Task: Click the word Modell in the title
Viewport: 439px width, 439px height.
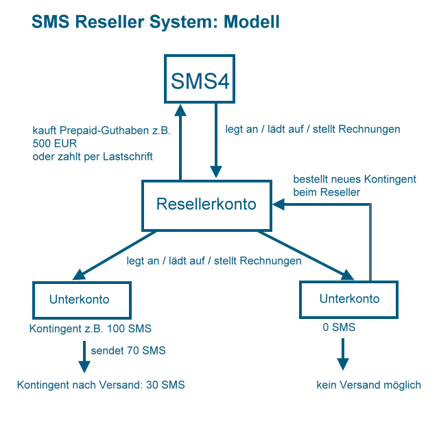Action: (252, 22)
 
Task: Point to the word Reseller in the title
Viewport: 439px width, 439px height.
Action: (110, 22)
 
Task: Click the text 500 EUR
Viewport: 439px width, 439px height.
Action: (55, 143)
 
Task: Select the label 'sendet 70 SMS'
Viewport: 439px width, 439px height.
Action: (128, 351)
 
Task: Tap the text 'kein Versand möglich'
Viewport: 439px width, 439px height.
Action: (369, 385)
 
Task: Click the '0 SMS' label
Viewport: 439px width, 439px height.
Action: (339, 327)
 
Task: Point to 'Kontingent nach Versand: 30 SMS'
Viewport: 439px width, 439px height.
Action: (101, 385)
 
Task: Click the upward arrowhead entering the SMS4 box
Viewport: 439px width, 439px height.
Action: (180, 110)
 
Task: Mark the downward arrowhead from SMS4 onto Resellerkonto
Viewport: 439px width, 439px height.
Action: (216, 171)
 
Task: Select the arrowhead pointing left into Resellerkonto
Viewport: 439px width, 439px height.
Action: (279, 204)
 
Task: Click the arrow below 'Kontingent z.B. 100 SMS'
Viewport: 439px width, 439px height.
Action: (84, 357)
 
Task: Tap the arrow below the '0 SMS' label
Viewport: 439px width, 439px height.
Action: (343, 354)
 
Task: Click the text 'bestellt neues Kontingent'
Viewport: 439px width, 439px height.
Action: (355, 179)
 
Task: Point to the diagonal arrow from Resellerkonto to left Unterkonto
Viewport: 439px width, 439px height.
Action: (115, 255)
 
